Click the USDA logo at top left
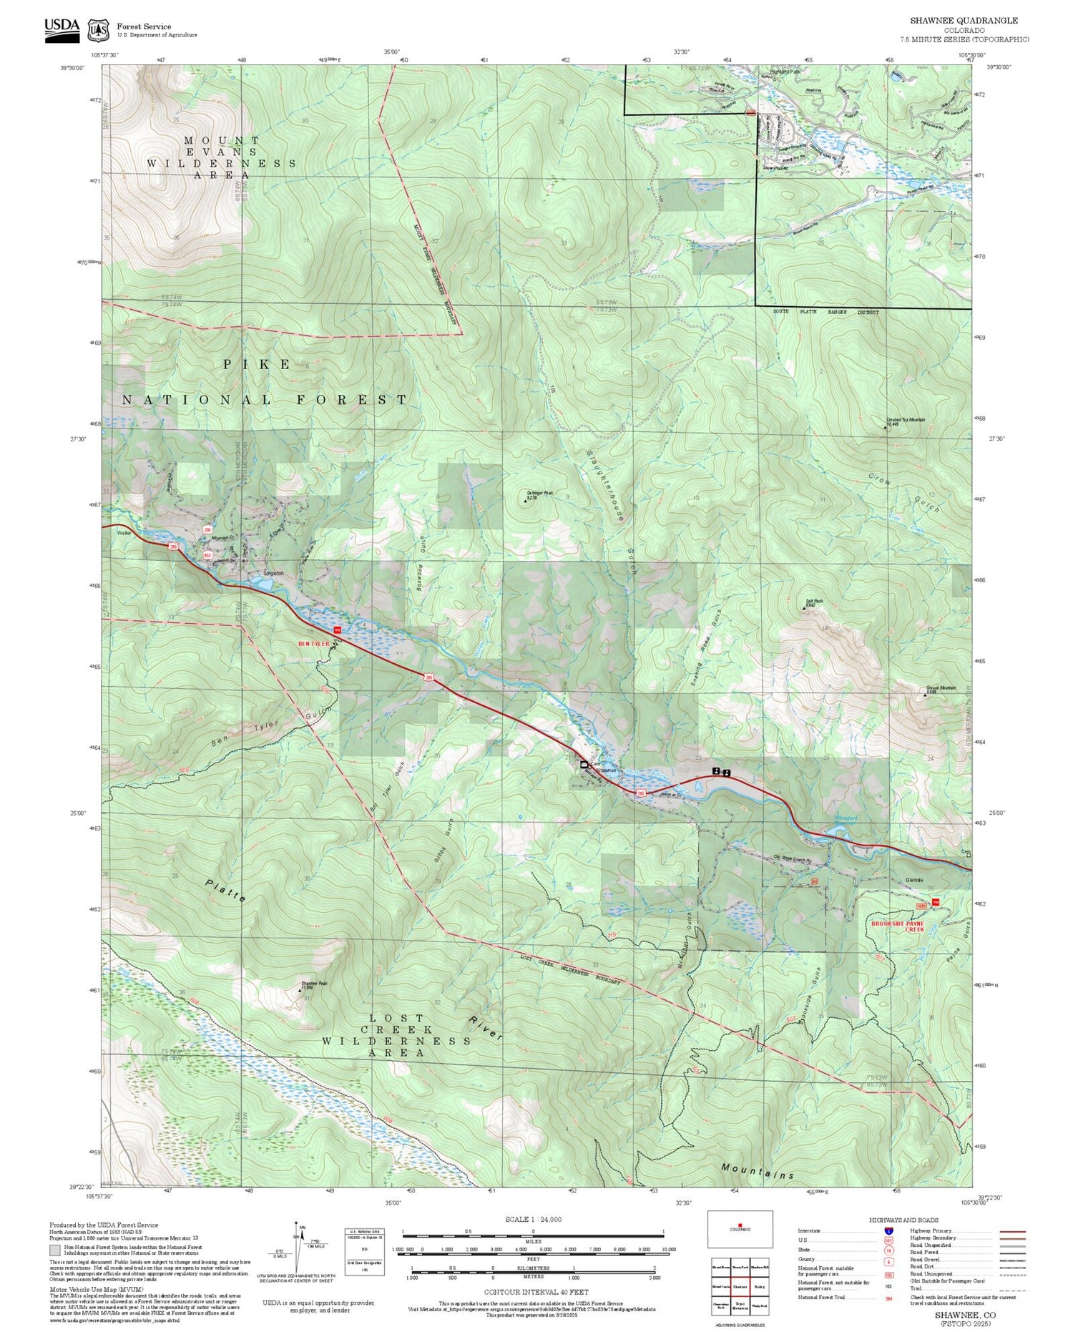click(x=62, y=26)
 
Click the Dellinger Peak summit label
click(x=540, y=494)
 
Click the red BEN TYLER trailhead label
click(x=313, y=643)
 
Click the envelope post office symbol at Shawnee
click(x=584, y=765)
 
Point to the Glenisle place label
click(x=914, y=879)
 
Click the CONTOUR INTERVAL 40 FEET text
click(x=536, y=1292)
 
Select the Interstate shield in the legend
click(x=888, y=1230)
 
